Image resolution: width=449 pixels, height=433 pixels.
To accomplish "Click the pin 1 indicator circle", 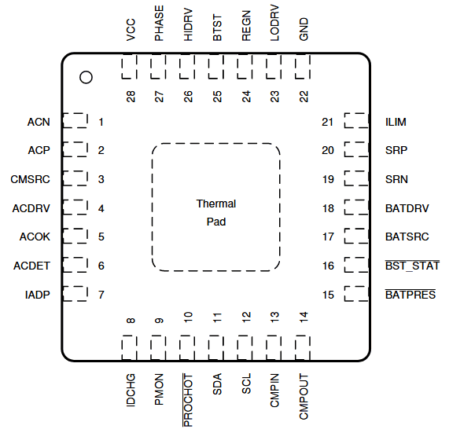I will coord(86,77).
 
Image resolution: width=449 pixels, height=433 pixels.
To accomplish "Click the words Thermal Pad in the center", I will coord(215,213).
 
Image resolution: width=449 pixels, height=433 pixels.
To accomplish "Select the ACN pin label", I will coord(38,122).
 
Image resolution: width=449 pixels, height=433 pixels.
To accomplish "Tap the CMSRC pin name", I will coord(31,179).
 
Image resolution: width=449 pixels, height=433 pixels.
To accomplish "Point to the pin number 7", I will coord(101,295).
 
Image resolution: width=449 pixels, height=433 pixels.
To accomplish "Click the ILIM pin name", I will coord(396,122).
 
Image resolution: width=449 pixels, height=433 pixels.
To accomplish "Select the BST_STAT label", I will coord(411,266).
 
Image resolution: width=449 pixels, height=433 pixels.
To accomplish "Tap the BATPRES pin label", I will coord(410,295).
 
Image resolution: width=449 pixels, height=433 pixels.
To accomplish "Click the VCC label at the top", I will coord(131,30).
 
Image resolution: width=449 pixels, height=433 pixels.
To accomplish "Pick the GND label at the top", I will coord(304,30).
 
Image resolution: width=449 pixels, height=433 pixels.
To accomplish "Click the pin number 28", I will coord(131,96).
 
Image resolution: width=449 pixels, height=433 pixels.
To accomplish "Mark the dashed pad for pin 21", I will coord(355,121).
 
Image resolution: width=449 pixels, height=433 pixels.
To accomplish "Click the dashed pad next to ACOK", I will coord(75,237).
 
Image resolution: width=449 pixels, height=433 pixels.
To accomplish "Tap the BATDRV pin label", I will coord(407,208).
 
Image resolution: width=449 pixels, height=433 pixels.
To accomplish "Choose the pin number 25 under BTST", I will coord(217,96).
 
